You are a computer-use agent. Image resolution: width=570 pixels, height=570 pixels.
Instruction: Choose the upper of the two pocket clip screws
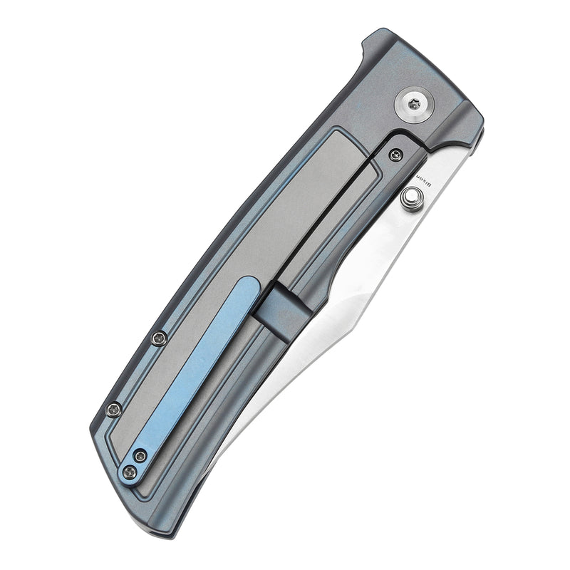click(140, 456)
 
